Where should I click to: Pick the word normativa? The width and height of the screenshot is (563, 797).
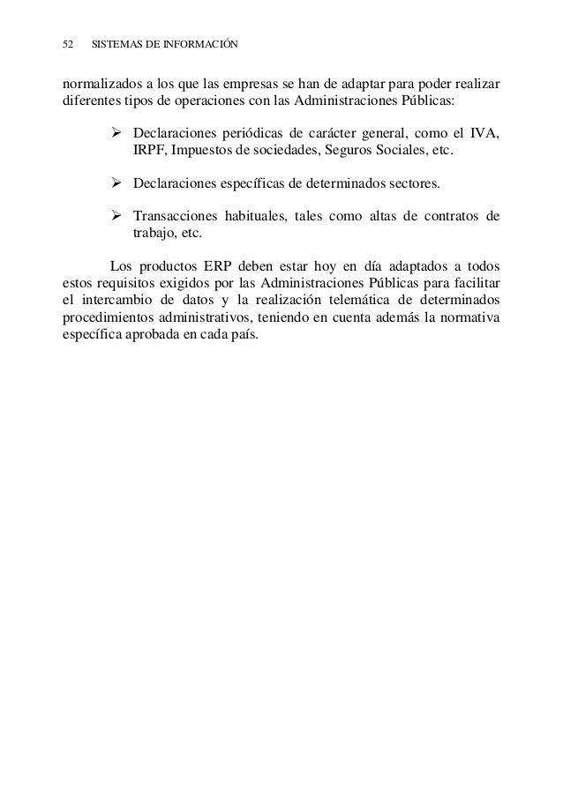pos(468,317)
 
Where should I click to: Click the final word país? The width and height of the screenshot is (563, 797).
pos(243,334)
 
